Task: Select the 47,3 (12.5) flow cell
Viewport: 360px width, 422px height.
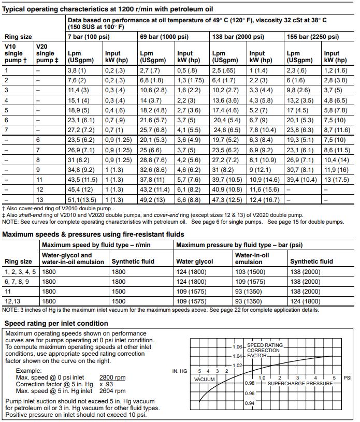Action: pos(227,200)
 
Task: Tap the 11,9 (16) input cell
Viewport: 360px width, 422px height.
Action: pos(336,169)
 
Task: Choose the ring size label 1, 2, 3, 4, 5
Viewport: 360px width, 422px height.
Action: pos(20,271)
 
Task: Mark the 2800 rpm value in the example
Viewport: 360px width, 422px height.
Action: pos(111,378)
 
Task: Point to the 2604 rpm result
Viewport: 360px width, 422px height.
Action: pos(111,391)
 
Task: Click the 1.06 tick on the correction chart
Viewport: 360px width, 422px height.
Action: pos(237,346)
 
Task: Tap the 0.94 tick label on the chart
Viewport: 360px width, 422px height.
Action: pos(249,403)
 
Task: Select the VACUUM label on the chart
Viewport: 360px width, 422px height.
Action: pos(204,379)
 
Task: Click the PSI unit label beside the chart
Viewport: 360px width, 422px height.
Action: pos(348,377)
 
